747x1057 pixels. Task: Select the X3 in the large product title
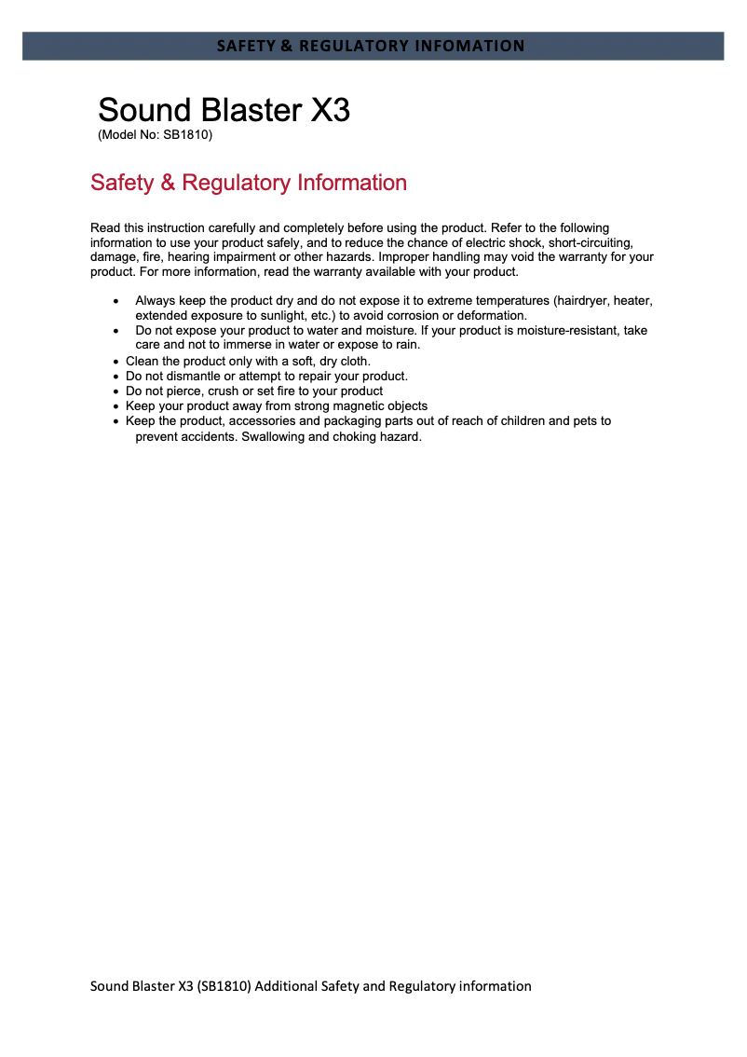click(x=330, y=110)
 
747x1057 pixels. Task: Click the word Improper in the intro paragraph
click(x=405, y=257)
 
